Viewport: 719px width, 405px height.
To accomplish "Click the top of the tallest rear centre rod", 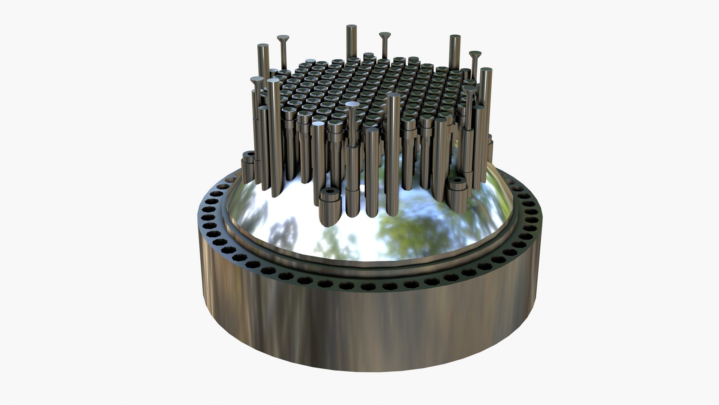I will click(x=351, y=27).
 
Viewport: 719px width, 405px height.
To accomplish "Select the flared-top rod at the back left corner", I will click(x=283, y=38).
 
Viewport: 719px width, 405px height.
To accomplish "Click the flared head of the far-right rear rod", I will click(x=475, y=54).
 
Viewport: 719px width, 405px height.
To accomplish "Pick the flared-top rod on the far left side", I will click(x=257, y=80).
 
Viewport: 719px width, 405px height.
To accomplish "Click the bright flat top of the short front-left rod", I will click(x=319, y=124).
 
